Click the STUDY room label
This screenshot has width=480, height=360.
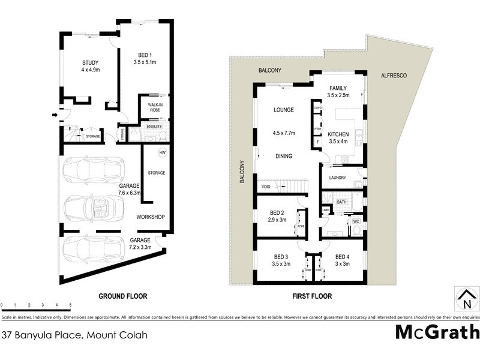90,62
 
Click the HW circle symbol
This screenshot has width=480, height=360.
161,152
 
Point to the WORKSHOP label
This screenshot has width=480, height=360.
151,217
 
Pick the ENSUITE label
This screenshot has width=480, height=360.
155,127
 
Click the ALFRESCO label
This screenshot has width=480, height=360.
394,76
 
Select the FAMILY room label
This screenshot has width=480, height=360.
338,88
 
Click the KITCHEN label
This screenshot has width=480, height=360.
338,134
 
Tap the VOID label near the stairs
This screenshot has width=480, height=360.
265,187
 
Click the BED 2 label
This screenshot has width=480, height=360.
277,212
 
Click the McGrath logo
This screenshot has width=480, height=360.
437,332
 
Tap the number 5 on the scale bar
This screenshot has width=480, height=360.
71,306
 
